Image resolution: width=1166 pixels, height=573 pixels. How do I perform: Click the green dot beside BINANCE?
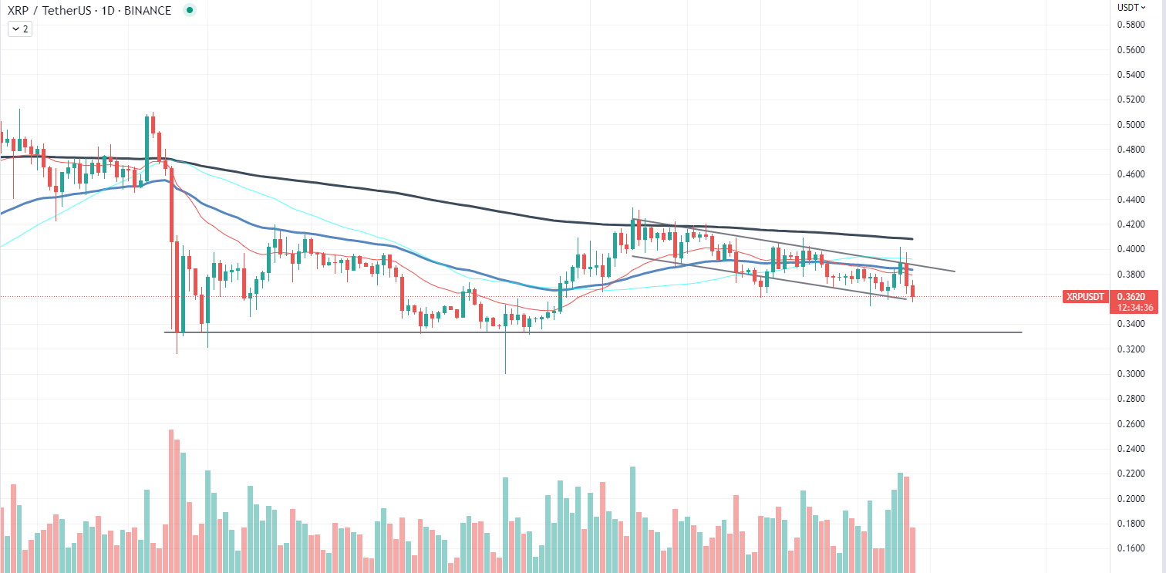[x=190, y=10]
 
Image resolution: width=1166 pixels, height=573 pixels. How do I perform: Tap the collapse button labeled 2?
[x=19, y=29]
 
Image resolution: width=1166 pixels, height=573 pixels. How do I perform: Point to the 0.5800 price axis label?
[x=1131, y=25]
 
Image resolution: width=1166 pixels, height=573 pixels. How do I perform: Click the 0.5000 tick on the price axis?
[x=1131, y=124]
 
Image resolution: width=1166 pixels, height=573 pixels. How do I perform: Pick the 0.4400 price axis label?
[x=1131, y=199]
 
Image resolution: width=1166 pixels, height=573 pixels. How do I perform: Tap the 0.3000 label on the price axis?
[x=1131, y=373]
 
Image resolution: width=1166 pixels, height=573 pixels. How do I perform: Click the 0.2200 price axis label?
[x=1131, y=474]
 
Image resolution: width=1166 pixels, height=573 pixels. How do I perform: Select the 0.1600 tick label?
[x=1131, y=548]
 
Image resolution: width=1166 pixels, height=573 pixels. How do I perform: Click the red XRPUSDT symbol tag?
[x=1085, y=297]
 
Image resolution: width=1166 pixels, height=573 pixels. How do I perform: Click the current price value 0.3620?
[x=1137, y=295]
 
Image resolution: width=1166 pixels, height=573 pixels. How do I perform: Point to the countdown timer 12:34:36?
[x=1137, y=307]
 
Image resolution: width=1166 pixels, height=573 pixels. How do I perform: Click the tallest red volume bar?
[x=171, y=501]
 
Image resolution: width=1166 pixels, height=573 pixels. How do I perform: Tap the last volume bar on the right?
[x=913, y=549]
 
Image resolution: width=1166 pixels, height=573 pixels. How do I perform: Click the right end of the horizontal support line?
[x=1021, y=332]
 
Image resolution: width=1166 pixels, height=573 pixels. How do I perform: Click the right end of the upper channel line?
[x=955, y=271]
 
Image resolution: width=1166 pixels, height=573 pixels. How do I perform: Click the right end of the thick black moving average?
[x=912, y=238]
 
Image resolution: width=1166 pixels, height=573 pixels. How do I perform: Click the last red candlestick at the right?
[x=913, y=291]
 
